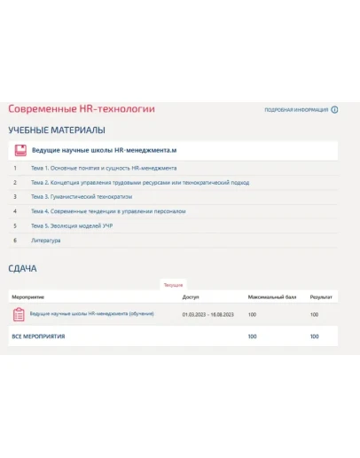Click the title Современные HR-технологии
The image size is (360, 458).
pos(82,109)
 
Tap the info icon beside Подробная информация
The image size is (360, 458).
pos(334,110)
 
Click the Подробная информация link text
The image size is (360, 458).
pos(296,110)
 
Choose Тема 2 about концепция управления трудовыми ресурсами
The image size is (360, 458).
pos(139,183)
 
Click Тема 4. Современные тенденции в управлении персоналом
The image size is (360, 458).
pos(108,211)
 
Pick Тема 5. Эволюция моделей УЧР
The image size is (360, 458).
pos(71,226)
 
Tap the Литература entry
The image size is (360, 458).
pos(45,241)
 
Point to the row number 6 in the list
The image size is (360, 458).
pos(15,241)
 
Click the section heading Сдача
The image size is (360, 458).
pos(22,268)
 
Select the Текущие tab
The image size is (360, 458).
pos(173,285)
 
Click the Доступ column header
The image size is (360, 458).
pos(190,296)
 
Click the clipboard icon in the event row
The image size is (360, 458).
pos(19,314)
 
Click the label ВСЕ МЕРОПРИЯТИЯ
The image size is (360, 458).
pos(38,336)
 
